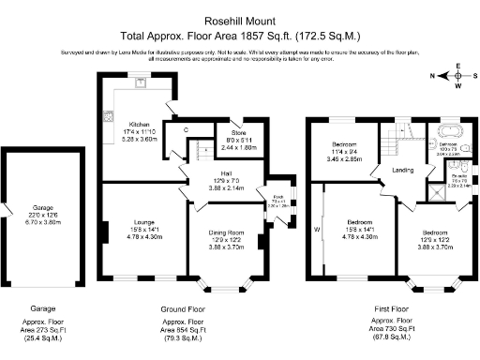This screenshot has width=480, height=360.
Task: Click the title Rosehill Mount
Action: click(x=239, y=18)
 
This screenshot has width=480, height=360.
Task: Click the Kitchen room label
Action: click(x=140, y=123)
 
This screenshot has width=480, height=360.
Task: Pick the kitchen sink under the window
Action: click(x=141, y=82)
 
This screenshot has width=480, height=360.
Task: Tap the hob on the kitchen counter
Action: click(x=109, y=117)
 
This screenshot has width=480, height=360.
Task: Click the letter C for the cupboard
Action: click(x=187, y=129)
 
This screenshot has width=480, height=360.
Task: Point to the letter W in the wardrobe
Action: click(x=317, y=228)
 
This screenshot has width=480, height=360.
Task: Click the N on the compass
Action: click(x=433, y=74)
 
